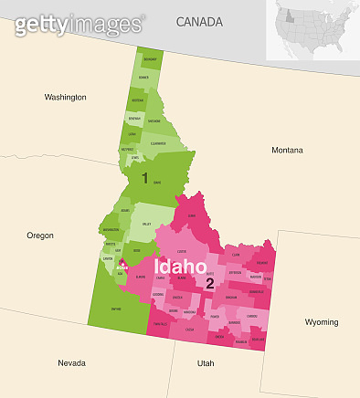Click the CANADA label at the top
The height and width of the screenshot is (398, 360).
coord(200,21)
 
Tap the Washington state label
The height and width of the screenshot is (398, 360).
coord(66,96)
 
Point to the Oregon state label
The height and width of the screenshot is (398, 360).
coord(40,235)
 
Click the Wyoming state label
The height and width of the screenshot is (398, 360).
coord(322,321)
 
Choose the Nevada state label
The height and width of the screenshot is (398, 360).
coord(71,362)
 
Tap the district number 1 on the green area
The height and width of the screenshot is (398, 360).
coord(144,179)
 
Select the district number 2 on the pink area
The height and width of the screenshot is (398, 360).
coord(209,284)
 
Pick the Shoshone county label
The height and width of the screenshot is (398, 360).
coord(154,120)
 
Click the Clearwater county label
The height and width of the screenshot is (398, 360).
coord(158,143)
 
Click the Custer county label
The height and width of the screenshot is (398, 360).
coord(182,250)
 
